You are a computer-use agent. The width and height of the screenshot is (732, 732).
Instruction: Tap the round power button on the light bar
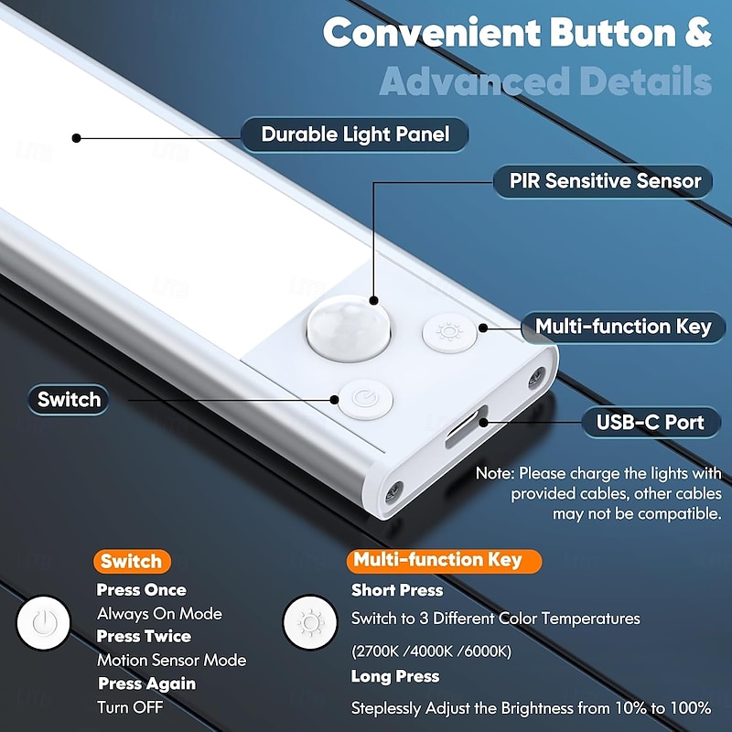(x=364, y=400)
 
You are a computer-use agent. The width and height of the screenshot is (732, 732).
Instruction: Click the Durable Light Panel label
(x=355, y=135)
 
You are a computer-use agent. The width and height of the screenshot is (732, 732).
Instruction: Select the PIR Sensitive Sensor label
(x=605, y=181)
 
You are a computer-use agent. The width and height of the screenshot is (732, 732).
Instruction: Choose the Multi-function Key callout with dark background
(x=623, y=327)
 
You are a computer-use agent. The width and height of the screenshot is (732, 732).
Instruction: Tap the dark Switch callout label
(x=69, y=400)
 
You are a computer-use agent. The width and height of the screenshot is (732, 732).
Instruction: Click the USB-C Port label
(x=651, y=422)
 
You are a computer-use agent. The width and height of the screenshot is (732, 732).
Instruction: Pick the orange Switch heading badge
(x=131, y=562)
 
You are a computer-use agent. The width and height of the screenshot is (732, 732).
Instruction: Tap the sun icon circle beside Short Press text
(x=311, y=624)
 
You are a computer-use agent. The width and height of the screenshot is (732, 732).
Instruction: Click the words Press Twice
(x=144, y=636)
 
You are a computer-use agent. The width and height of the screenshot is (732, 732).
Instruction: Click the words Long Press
(x=395, y=677)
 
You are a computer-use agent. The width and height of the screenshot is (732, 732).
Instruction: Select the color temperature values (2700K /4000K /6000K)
(x=431, y=651)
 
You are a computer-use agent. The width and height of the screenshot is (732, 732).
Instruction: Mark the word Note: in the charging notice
(x=494, y=473)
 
